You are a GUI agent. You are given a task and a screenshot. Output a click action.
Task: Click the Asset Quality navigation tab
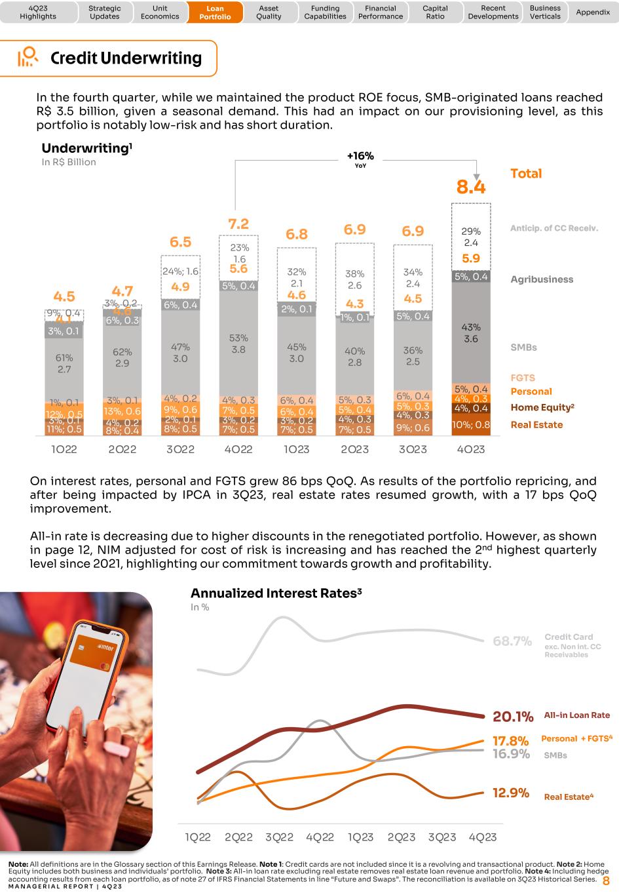pyautogui.click(x=269, y=12)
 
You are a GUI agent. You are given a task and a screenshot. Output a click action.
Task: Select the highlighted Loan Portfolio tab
pyautogui.click(x=215, y=12)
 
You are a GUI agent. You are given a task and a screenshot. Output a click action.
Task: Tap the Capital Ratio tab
pyautogui.click(x=435, y=12)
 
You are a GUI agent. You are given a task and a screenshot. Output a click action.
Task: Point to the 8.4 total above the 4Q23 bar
pyautogui.click(x=471, y=188)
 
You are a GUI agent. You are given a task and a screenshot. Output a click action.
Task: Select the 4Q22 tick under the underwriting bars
pyautogui.click(x=238, y=450)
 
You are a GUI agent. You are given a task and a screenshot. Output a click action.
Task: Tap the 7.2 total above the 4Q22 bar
pyautogui.click(x=238, y=224)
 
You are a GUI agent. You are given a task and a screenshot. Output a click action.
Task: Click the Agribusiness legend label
pyautogui.click(x=542, y=279)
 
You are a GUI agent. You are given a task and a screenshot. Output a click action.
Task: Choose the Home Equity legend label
pyautogui.click(x=542, y=407)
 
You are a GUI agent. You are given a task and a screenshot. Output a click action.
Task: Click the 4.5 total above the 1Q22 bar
pyautogui.click(x=64, y=296)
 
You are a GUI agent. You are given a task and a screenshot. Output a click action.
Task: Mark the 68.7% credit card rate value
pyautogui.click(x=512, y=641)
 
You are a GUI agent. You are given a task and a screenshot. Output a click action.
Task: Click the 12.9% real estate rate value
pyautogui.click(x=511, y=793)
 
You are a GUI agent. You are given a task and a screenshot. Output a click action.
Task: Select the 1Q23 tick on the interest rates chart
pyautogui.click(x=360, y=837)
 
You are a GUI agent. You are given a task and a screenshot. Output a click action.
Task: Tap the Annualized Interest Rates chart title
pyautogui.click(x=276, y=593)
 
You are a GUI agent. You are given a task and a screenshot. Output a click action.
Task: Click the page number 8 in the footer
pyautogui.click(x=606, y=881)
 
